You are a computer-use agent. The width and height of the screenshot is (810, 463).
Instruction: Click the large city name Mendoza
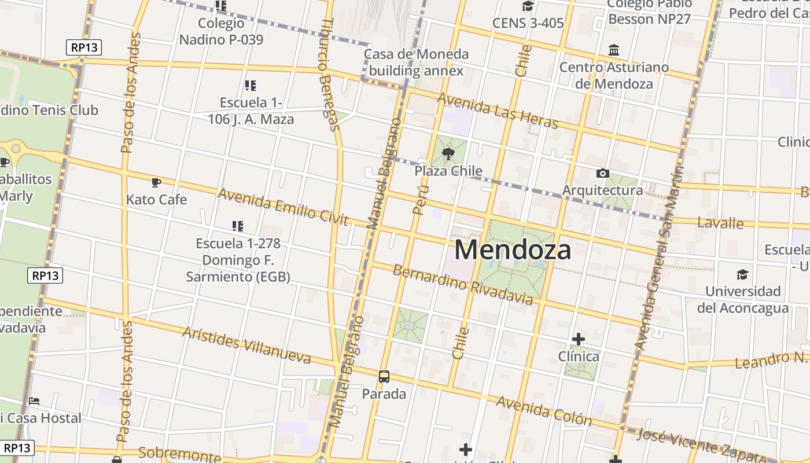click(513, 250)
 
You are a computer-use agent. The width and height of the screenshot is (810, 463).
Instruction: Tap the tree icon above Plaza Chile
click(448, 154)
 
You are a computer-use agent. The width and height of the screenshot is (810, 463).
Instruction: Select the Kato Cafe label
click(157, 200)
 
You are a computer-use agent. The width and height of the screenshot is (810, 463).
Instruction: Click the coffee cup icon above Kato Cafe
click(156, 183)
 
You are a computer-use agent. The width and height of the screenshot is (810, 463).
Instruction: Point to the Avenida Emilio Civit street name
click(283, 206)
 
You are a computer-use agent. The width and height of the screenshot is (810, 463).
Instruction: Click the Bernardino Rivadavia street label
click(463, 284)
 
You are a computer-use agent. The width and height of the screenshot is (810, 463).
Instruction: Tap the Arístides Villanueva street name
click(247, 345)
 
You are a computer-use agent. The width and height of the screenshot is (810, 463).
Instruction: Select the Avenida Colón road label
click(544, 410)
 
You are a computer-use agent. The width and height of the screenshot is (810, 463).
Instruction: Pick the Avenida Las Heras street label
click(498, 111)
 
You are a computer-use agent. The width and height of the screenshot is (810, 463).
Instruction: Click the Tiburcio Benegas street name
click(328, 74)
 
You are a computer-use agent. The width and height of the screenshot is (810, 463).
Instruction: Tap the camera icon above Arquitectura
click(602, 174)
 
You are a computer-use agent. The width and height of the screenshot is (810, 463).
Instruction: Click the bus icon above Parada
click(384, 377)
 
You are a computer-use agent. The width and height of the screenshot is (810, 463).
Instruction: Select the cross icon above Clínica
click(578, 339)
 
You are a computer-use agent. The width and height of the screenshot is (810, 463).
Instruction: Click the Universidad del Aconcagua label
click(743, 299)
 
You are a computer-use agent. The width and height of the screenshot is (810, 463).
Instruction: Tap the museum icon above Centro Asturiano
click(614, 50)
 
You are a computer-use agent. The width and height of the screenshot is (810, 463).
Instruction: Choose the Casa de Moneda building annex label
click(416, 63)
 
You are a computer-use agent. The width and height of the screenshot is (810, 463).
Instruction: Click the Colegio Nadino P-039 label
click(221, 31)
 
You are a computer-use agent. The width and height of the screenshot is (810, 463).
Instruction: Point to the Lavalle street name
click(720, 223)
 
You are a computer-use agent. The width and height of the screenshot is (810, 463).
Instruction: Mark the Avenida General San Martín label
click(659, 258)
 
